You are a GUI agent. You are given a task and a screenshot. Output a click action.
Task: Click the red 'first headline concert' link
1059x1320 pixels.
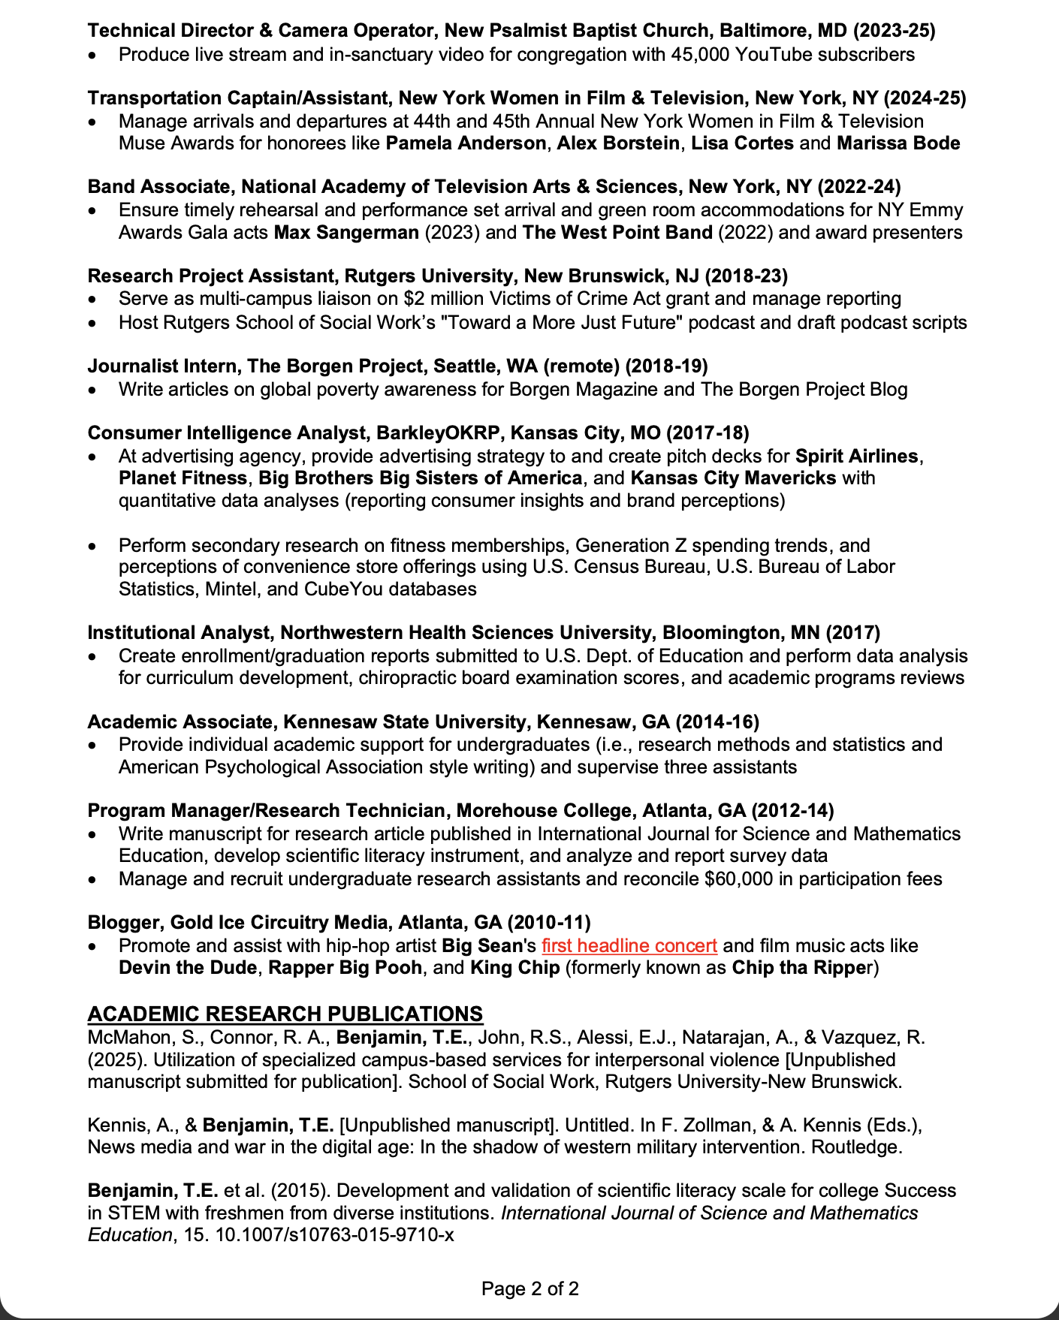click(x=629, y=945)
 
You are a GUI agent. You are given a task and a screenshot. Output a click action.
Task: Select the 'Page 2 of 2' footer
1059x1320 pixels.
click(x=529, y=1288)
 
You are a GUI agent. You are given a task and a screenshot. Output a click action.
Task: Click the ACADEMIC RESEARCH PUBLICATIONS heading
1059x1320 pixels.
click(x=285, y=1014)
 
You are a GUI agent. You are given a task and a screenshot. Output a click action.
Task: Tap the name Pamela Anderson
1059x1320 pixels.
click(x=466, y=143)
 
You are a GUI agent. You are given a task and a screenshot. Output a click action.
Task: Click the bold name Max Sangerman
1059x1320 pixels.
click(x=346, y=232)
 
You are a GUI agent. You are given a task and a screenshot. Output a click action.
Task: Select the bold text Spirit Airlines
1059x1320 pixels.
click(x=856, y=456)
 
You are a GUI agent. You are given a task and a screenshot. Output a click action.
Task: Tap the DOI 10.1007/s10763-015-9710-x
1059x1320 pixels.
click(x=334, y=1234)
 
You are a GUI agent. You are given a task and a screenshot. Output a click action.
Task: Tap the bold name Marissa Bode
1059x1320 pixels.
click(x=898, y=143)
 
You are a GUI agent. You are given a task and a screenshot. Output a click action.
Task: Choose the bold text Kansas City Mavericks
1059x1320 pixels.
click(x=733, y=478)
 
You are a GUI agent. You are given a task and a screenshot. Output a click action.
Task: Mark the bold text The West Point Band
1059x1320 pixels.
click(x=617, y=232)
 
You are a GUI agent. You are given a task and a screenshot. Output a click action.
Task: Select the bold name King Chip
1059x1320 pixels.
click(x=514, y=967)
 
